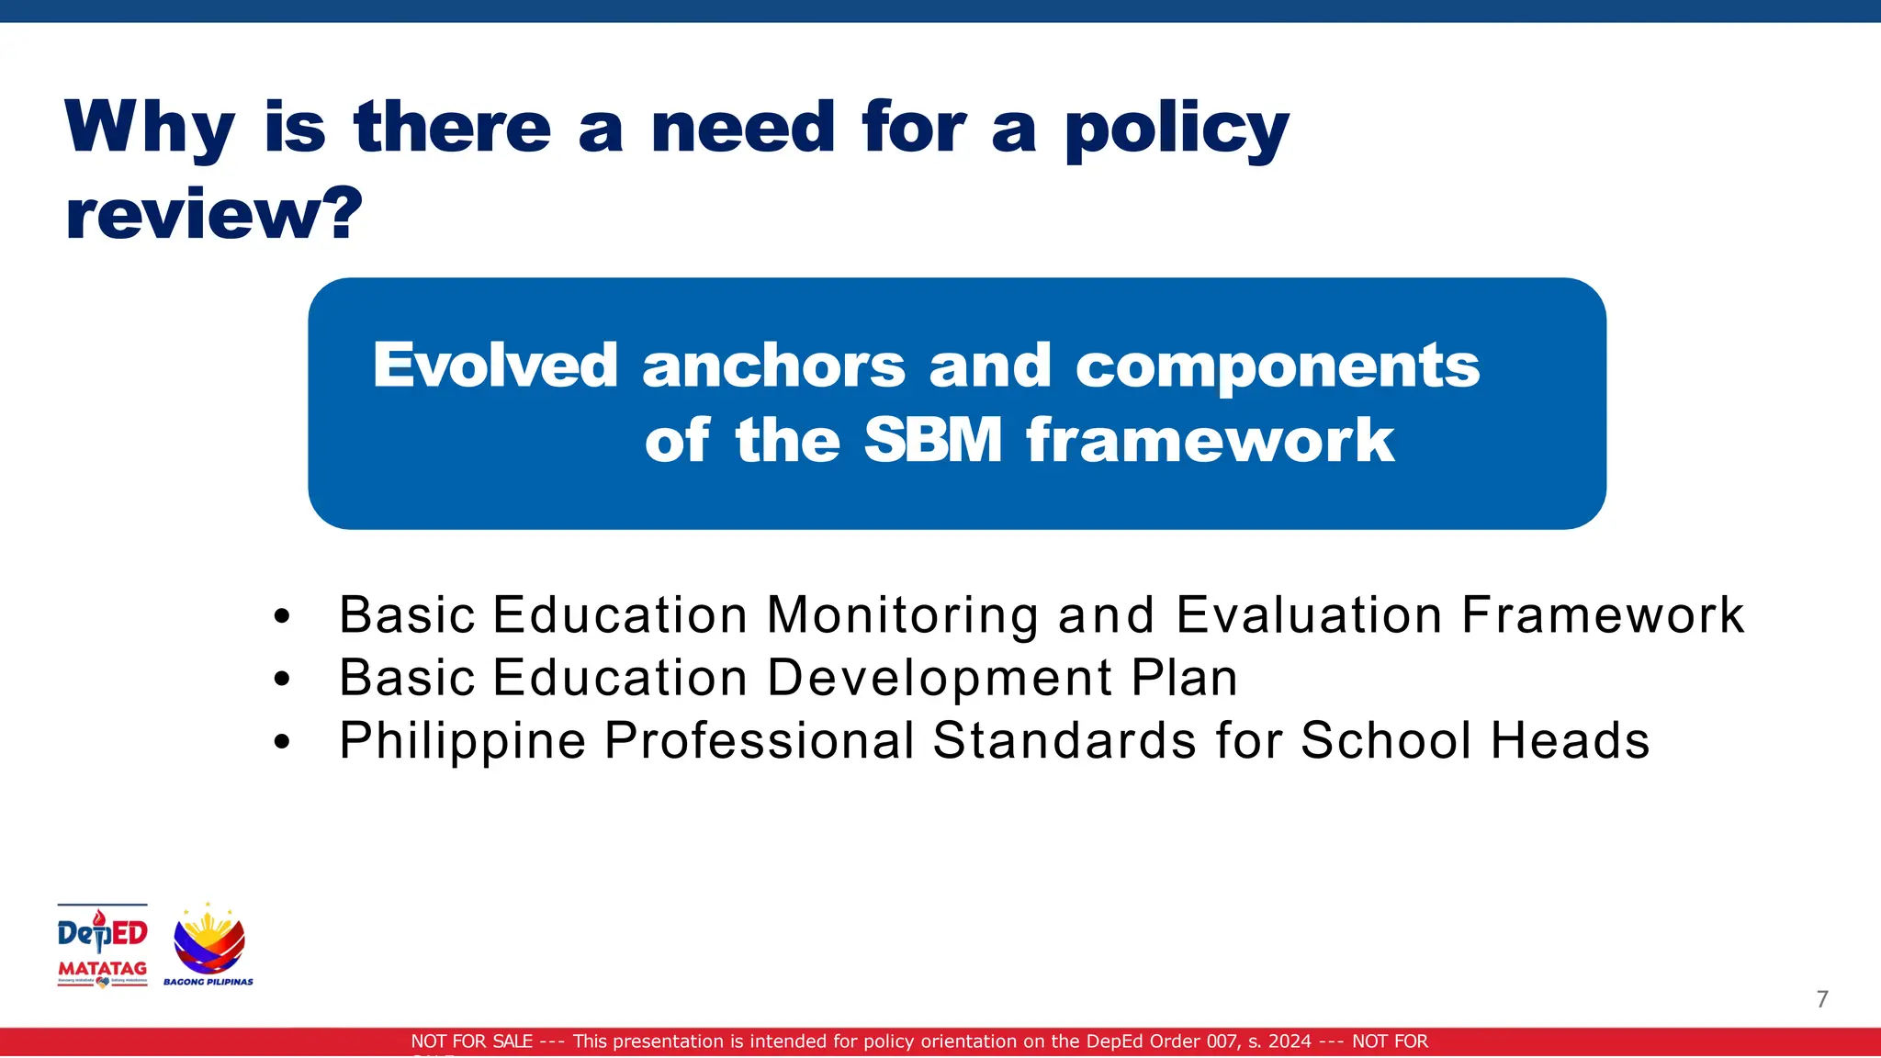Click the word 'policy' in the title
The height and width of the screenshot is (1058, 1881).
coord(1177,129)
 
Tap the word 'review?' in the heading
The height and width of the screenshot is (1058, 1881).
coord(214,214)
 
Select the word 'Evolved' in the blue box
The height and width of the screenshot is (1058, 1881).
coord(494,366)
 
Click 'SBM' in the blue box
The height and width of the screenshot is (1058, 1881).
coord(932,440)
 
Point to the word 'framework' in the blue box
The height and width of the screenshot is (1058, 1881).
coord(1210,440)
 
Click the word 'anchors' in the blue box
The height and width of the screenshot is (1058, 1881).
coord(773,366)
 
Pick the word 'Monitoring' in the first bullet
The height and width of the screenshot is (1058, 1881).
coord(903,614)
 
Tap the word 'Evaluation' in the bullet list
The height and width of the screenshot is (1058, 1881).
coord(1309,614)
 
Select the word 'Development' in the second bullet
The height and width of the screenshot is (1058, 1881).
coord(940,678)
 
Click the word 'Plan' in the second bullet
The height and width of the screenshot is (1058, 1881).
coord(1184,678)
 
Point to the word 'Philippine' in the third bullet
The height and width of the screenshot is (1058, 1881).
coord(462,740)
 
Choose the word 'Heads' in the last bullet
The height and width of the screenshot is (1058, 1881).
coord(1570,740)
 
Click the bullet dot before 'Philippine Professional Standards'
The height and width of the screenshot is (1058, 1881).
coord(282,742)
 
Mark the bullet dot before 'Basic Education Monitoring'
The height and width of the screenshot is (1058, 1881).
coord(282,616)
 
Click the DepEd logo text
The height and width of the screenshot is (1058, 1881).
coord(102,933)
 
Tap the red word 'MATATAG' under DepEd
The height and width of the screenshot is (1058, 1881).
coord(102,968)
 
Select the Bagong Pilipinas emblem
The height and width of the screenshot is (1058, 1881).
coord(209,942)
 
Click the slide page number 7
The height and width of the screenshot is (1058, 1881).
coord(1822,999)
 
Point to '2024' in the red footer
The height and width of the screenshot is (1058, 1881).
coord(1290,1041)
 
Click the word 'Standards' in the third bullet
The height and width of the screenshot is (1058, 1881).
coord(1064,740)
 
